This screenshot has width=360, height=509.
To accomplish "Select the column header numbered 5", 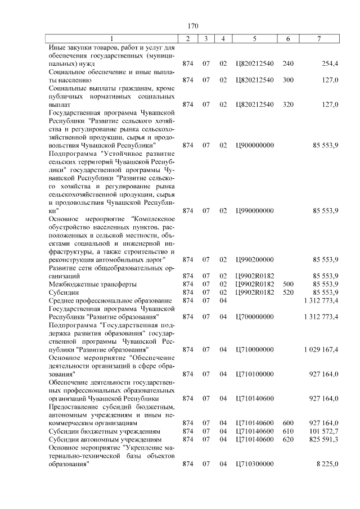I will (255, 39).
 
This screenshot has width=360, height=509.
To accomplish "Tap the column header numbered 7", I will (319, 39).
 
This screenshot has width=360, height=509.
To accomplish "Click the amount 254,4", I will (329, 64).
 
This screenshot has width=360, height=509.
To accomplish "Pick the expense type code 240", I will (288, 64).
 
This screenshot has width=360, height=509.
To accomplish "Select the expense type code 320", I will (288, 105).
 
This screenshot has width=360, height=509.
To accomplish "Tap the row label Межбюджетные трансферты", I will (93, 284).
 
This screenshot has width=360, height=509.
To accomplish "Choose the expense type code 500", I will (288, 284).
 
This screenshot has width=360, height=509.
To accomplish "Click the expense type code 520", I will (288, 292).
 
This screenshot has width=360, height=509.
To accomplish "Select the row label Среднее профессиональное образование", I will (110, 300).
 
